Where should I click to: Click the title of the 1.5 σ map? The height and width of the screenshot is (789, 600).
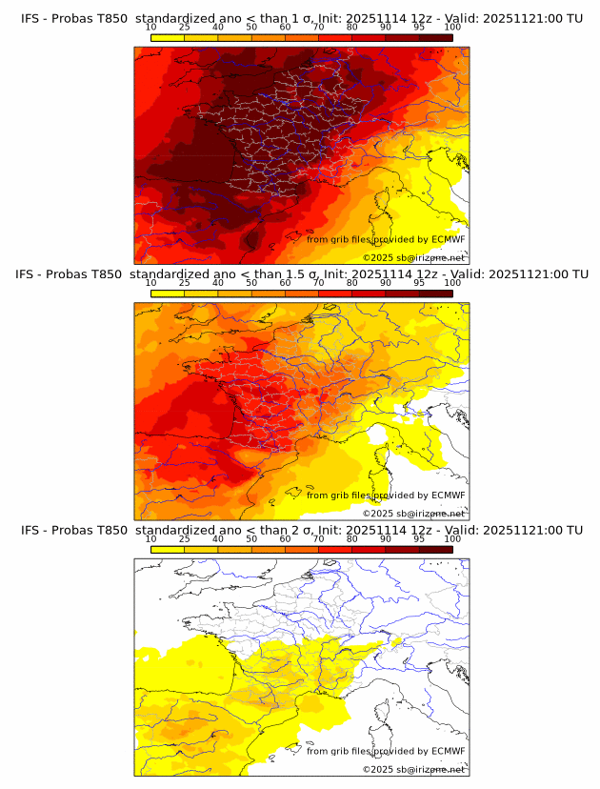point(301,274)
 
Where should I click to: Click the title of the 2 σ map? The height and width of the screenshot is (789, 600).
point(301,530)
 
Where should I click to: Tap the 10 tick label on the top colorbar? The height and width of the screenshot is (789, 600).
point(150,28)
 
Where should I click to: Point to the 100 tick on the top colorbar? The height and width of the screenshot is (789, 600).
point(452,28)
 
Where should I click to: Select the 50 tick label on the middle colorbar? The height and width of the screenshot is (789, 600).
point(251,283)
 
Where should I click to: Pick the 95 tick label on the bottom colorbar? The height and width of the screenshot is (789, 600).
point(419,538)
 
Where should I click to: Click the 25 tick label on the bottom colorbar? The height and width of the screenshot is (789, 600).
point(185,538)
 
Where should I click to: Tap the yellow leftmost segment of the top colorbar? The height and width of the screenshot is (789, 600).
point(168,37)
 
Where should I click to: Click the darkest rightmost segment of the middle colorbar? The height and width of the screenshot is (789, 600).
point(435,293)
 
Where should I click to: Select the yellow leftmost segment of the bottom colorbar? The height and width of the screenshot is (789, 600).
point(168,549)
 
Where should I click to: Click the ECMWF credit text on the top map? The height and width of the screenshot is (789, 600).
point(386,239)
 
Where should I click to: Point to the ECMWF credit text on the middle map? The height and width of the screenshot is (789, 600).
point(386,495)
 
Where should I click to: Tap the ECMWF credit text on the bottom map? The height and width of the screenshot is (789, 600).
point(386,751)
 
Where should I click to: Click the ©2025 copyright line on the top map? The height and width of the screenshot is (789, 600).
point(413,257)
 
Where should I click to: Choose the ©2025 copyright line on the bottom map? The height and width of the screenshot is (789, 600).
point(413,769)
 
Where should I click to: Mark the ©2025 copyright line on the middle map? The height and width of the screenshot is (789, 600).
point(413,513)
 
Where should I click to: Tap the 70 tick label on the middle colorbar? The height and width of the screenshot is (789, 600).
point(318,283)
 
